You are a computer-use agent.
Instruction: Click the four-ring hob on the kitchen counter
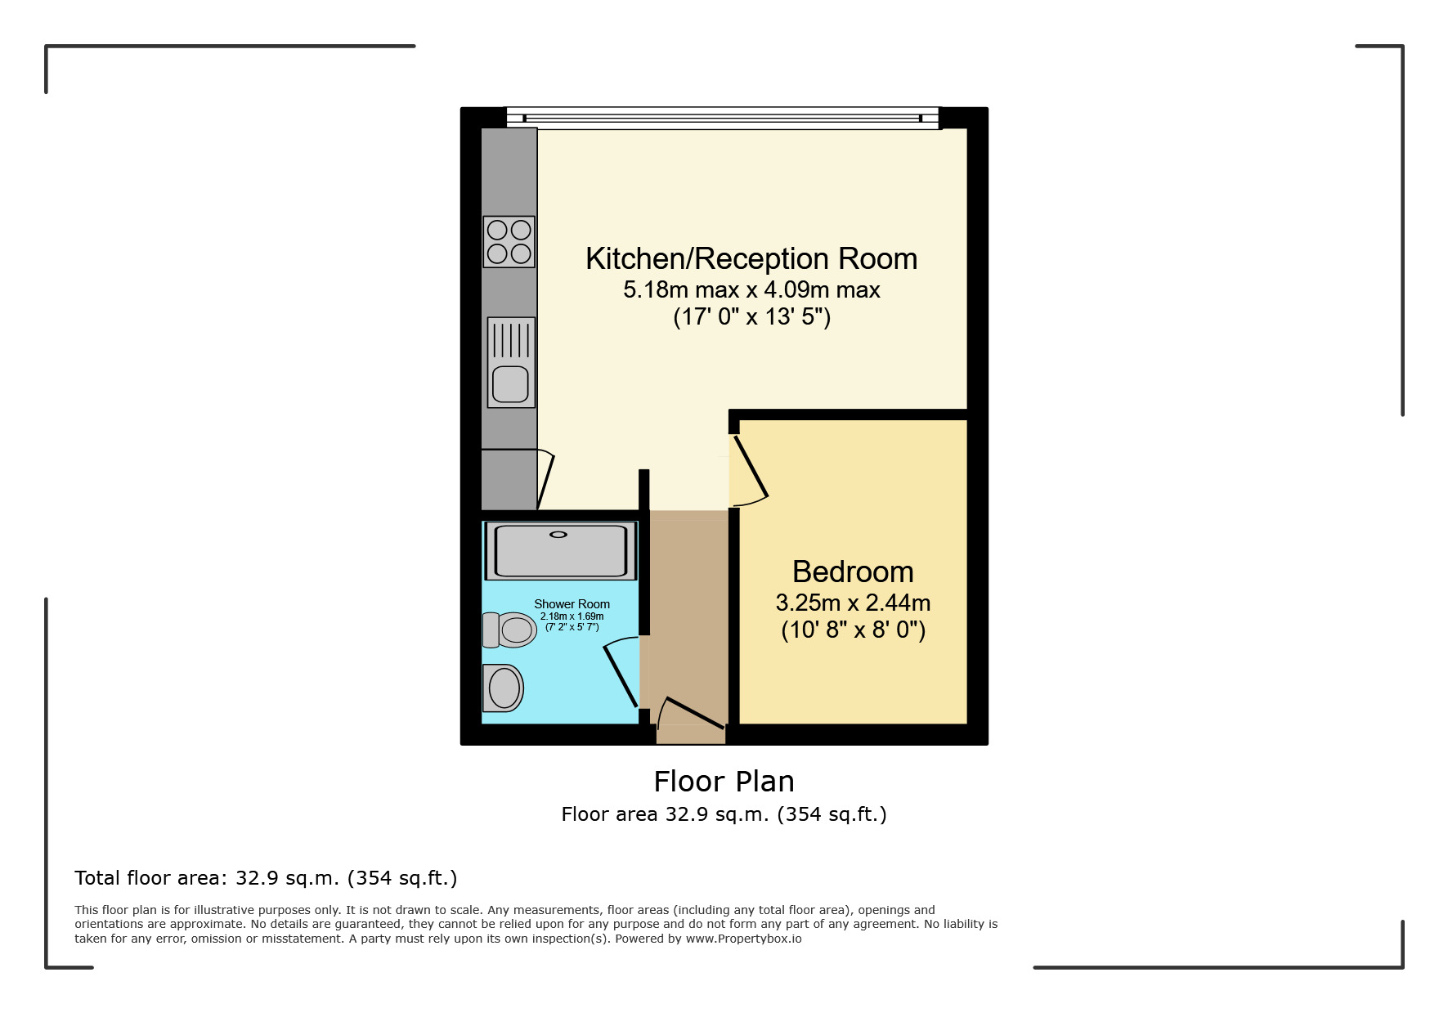click(x=509, y=242)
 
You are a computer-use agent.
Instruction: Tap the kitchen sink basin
click(x=511, y=383)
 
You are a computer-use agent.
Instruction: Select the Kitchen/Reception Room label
click(x=751, y=259)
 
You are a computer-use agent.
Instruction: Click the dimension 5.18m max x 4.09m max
click(x=751, y=289)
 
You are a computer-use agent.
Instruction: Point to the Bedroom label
click(x=853, y=571)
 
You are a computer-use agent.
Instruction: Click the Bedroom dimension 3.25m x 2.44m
click(x=853, y=603)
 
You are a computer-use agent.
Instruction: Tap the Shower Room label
click(x=572, y=604)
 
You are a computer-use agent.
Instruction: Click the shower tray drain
click(x=558, y=535)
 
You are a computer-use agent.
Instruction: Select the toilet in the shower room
click(x=509, y=630)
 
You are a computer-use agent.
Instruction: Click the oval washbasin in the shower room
click(x=504, y=688)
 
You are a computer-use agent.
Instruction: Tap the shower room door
click(x=621, y=674)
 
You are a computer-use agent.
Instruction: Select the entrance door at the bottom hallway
click(x=692, y=712)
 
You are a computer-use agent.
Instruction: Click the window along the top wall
click(x=723, y=118)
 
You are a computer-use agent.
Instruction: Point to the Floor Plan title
click(x=724, y=782)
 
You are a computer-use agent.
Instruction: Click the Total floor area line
click(x=266, y=878)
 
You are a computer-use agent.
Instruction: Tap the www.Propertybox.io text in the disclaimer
click(x=743, y=939)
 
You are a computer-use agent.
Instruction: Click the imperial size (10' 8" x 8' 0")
click(x=853, y=630)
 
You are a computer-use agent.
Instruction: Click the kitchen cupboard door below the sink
click(x=545, y=479)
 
